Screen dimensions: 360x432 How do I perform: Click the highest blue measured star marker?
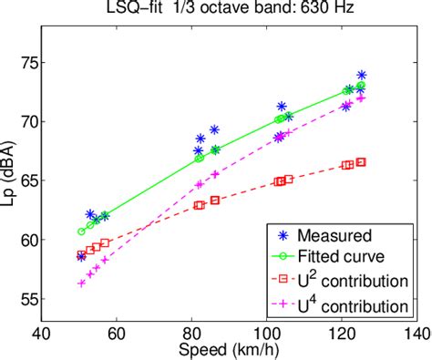click(362, 75)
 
